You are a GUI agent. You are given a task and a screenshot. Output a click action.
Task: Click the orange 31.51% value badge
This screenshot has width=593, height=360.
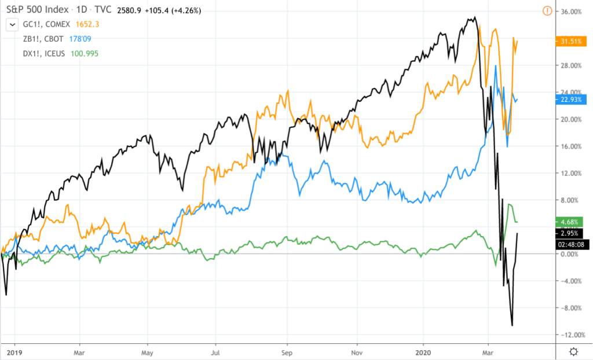point(570,41)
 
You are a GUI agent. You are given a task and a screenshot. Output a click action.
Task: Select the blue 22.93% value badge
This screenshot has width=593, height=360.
point(570,100)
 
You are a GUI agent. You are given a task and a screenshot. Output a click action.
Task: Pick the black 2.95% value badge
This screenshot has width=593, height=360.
point(570,233)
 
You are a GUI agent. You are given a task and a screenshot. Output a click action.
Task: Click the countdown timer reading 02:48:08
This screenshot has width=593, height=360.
point(570,244)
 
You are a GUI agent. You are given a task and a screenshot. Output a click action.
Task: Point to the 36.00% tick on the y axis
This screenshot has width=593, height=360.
point(571,12)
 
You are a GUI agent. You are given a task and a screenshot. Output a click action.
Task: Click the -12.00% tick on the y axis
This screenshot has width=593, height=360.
point(570,335)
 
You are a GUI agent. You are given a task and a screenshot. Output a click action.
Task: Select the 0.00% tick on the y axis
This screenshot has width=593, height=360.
point(571,254)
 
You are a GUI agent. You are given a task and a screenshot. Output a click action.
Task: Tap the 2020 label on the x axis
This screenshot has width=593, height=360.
point(423,351)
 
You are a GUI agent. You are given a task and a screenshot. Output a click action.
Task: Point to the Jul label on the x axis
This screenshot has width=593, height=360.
point(215,351)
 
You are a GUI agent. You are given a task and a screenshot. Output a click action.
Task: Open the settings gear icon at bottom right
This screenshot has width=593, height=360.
point(573,351)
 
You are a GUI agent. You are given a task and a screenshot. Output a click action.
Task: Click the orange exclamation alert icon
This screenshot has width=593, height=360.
point(547,10)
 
